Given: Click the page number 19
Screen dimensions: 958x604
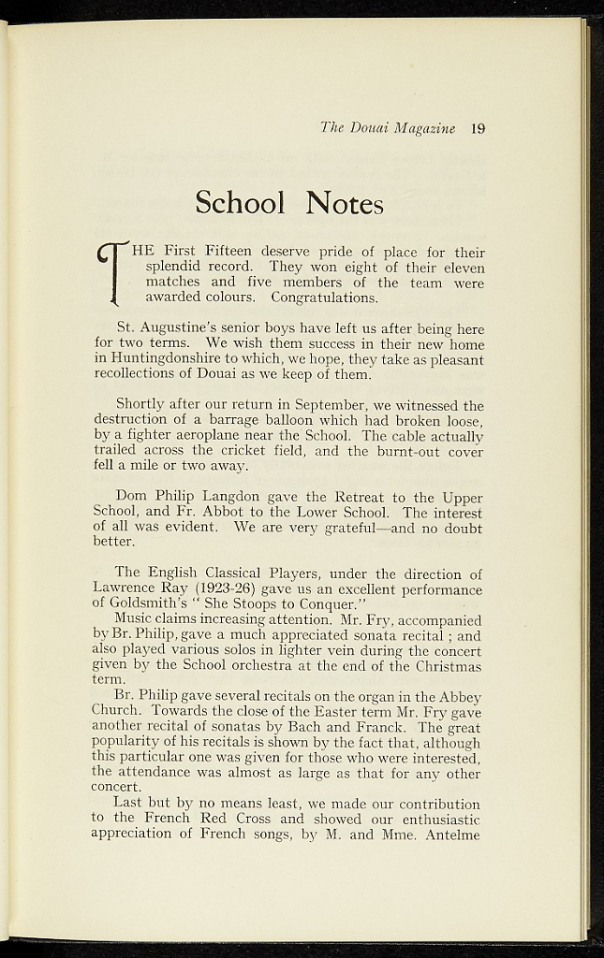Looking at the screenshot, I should [x=478, y=129].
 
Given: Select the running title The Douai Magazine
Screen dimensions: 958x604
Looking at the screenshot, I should [x=388, y=129].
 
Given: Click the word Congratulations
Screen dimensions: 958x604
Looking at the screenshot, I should [x=324, y=298].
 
